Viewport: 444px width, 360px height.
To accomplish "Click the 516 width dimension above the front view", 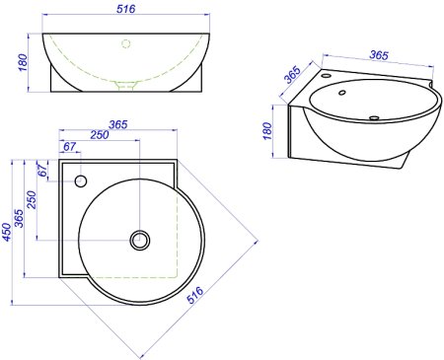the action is point(126,9).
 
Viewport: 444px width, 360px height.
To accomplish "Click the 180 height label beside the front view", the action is point(23,62).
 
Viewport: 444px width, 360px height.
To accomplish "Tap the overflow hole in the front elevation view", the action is point(126,43).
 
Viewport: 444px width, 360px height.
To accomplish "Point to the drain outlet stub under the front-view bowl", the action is point(126,86).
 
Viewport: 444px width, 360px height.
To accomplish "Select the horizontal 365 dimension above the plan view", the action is point(117,124).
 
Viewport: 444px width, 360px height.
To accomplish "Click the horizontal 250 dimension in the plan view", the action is point(100,135).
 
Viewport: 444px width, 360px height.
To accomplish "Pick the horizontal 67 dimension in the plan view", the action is point(69,146).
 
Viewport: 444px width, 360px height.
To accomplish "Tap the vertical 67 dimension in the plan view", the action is point(42,170).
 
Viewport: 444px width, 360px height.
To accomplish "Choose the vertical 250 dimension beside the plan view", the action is point(32,199).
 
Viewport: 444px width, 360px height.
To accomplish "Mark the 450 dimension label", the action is point(6,232).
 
